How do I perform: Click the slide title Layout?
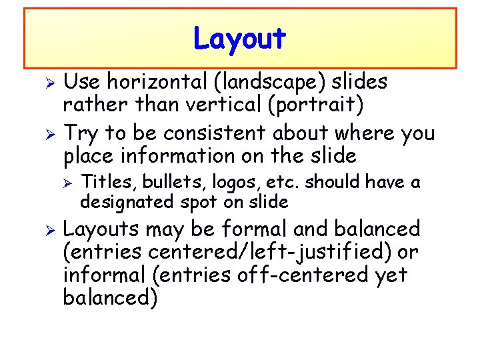[x=239, y=39]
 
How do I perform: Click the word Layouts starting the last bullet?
[x=101, y=230]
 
